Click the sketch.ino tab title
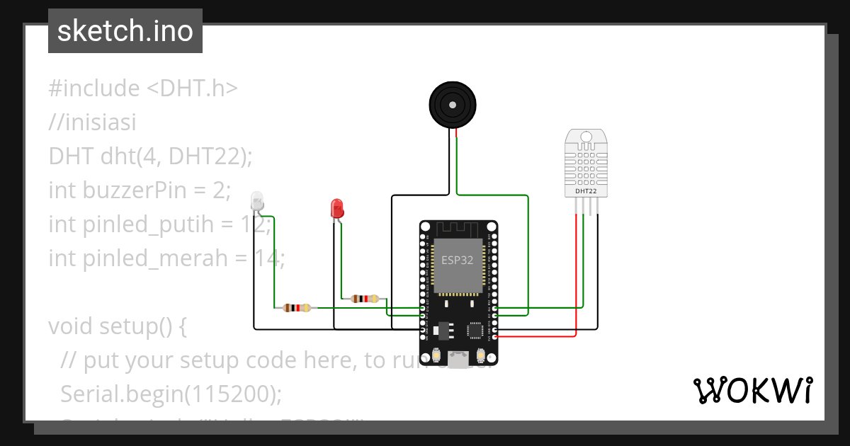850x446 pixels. pos(125,31)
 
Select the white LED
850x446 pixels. pos(257,201)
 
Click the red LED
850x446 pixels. pos(337,208)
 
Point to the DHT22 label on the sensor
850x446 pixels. pos(585,191)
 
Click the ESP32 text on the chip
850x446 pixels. pos(457,260)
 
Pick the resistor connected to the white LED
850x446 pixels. pos(297,308)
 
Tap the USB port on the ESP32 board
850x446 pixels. pos(458,360)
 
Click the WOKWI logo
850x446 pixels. pos(752,391)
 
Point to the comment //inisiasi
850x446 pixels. pos(92,122)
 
